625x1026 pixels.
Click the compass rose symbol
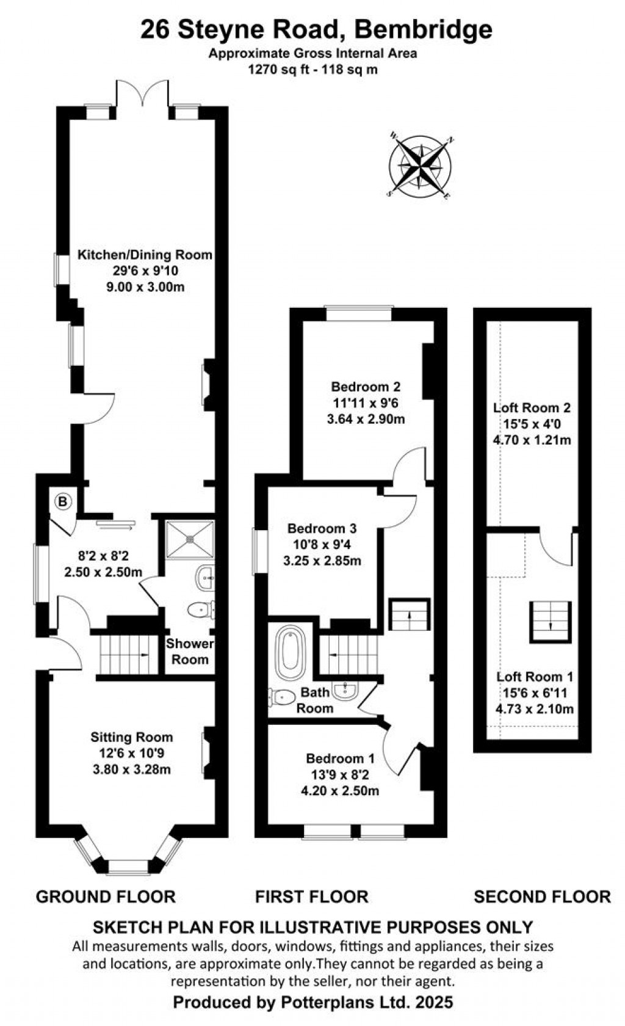[421, 165]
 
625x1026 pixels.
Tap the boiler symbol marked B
[63, 502]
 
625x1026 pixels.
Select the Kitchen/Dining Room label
[145, 255]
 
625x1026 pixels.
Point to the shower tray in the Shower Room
[190, 539]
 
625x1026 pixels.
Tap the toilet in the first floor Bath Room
[281, 697]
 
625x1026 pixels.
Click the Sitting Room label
[132, 737]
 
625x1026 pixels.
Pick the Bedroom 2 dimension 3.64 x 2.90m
[366, 419]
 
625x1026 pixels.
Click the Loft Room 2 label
[532, 407]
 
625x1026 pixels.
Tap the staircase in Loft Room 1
[551, 621]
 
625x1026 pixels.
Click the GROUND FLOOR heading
[106, 897]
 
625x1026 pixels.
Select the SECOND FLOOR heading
[542, 897]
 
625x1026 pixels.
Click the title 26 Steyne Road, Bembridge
[316, 29]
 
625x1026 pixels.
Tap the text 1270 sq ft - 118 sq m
[312, 69]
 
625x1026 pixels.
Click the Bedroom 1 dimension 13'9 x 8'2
[340, 775]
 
